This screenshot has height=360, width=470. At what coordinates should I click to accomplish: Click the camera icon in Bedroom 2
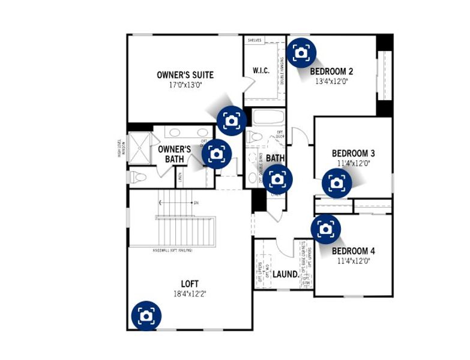pyautogui.click(x=302, y=53)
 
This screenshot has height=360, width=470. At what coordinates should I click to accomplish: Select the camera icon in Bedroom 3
pyautogui.click(x=337, y=182)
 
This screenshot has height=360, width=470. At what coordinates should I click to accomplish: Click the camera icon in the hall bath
pyautogui.click(x=277, y=179)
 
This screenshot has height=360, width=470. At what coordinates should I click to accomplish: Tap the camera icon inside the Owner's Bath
pyautogui.click(x=217, y=154)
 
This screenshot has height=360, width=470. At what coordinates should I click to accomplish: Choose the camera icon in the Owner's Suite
pyautogui.click(x=231, y=119)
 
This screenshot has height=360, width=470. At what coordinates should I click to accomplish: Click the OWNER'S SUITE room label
pyautogui.click(x=185, y=75)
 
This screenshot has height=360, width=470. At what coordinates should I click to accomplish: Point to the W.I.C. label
pyautogui.click(x=261, y=71)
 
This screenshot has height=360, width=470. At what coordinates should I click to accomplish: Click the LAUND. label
pyautogui.click(x=285, y=274)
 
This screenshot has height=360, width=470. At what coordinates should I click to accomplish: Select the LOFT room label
pyautogui.click(x=190, y=284)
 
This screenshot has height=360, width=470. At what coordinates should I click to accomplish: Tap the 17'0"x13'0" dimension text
pyautogui.click(x=185, y=85)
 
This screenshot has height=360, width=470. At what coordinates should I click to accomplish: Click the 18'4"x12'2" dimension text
pyautogui.click(x=190, y=294)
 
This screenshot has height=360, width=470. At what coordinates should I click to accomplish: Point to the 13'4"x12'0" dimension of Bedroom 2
pyautogui.click(x=331, y=82)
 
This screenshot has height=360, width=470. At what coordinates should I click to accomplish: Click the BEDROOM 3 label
pyautogui.click(x=354, y=153)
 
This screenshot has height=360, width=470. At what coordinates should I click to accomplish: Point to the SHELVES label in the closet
pyautogui.click(x=255, y=40)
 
